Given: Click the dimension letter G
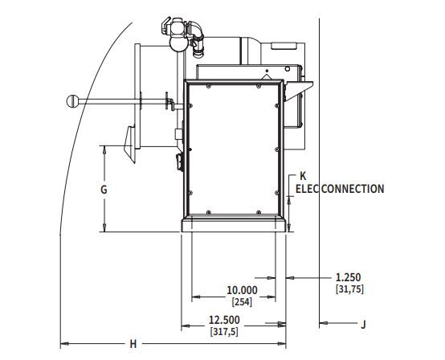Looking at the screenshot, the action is click(104, 190).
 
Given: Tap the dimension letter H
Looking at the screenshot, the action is click(133, 344).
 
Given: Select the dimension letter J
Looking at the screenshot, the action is click(363, 324).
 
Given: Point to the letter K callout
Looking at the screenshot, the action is click(303, 176).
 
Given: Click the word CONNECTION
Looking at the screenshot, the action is click(353, 189).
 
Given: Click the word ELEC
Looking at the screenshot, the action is click(308, 189).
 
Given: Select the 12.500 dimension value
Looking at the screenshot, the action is click(224, 320).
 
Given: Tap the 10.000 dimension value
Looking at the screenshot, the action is click(242, 290).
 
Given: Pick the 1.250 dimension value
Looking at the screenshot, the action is click(349, 277).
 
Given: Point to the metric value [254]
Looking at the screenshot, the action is click(242, 302).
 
